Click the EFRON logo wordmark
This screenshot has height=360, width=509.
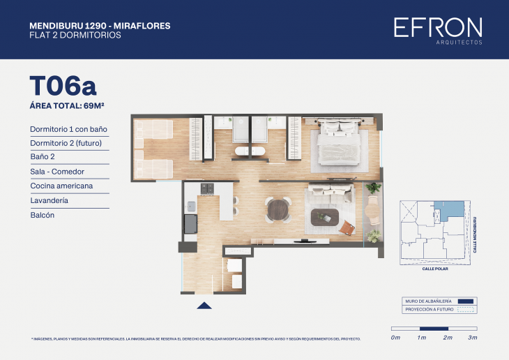437,27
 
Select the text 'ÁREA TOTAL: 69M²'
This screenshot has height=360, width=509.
71,105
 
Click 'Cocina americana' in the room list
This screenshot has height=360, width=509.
61,186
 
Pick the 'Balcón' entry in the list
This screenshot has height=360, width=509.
42,215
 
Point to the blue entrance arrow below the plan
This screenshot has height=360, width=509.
204,305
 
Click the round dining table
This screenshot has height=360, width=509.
278,209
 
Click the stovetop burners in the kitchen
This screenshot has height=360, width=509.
207,188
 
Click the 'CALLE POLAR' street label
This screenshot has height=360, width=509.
436,269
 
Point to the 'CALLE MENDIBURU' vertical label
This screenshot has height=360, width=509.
475,234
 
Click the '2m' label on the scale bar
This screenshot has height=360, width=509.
448,338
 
